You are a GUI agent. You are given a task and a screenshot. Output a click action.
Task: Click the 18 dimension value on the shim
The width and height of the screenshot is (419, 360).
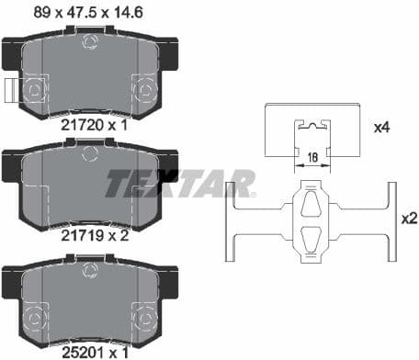coord(314,158)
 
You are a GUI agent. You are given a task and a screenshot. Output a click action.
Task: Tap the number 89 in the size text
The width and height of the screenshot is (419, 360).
coord(40,12)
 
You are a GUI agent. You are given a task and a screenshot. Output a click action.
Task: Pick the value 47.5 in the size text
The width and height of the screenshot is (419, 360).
coord(85,12)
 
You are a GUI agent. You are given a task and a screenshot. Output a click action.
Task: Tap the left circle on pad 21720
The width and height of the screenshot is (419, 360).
coord(36,89)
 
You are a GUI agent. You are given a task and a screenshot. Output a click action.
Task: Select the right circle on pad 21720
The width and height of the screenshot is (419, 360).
coord(145,89)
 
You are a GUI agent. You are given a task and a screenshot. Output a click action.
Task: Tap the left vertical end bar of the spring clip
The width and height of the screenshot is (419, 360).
coord(231,221)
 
